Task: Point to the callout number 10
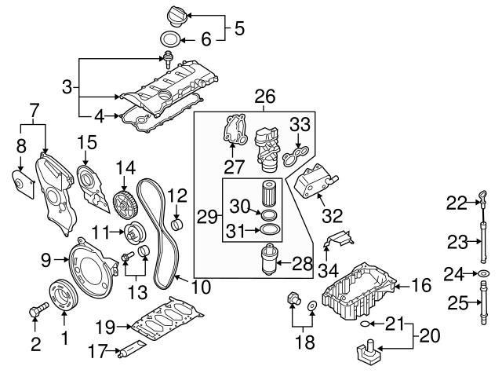pos(200,287)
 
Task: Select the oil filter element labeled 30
pos(270,193)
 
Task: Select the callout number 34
pos(328,271)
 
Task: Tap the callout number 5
pos(239,30)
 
